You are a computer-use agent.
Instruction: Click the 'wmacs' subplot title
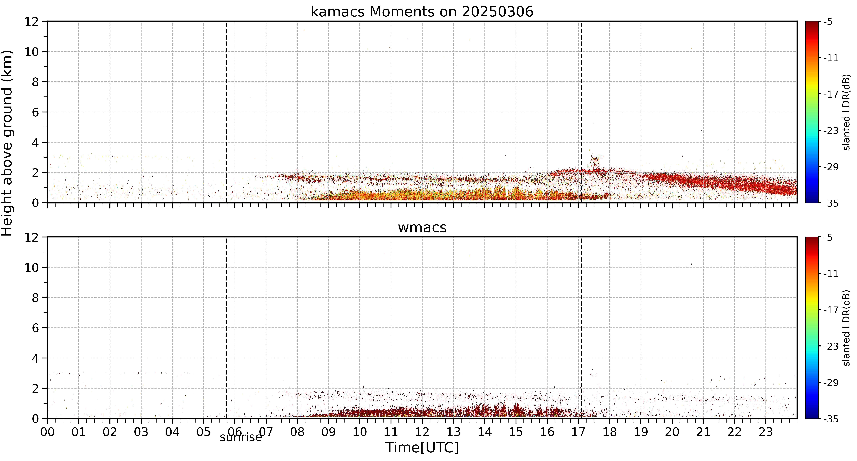[422, 227]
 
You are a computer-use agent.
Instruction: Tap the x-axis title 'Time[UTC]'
[422, 448]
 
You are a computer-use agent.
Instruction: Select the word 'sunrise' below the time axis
[241, 437]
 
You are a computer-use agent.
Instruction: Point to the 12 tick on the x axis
[422, 432]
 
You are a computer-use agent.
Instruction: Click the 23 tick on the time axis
[766, 432]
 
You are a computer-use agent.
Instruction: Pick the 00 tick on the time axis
[48, 432]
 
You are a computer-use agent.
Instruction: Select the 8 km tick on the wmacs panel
[35, 298]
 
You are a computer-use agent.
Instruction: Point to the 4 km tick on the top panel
[35, 142]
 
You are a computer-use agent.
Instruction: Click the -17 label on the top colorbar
[831, 94]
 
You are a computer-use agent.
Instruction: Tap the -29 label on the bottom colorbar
[831, 383]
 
